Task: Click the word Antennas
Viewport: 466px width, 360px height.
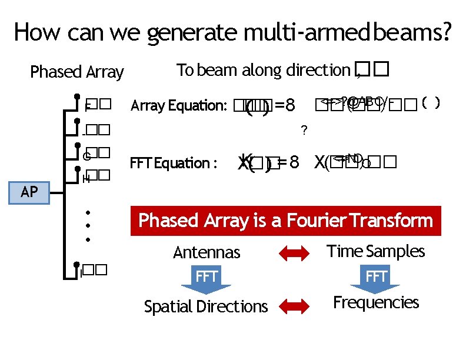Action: tap(207, 253)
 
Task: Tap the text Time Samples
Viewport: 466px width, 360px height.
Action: tap(375, 251)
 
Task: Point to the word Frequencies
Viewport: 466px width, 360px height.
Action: tap(375, 302)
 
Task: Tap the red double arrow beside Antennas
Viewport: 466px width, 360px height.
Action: tap(293, 254)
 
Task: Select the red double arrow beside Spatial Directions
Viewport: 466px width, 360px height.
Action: tap(293, 305)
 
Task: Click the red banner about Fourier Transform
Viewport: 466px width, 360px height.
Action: tap(285, 221)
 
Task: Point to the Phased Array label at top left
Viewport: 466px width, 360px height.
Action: tap(76, 72)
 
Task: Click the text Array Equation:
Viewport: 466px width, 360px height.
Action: tap(179, 106)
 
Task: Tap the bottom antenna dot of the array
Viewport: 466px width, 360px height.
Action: tap(77, 266)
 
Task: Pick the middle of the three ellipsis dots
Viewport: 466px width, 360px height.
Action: tap(88, 226)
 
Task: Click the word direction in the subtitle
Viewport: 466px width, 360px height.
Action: tap(318, 71)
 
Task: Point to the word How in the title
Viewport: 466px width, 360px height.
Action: tap(37, 32)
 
